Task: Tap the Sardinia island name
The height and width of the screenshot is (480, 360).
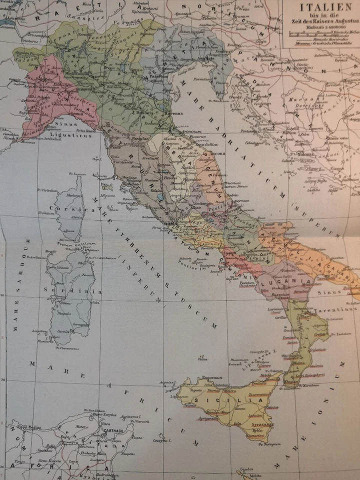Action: pyautogui.click(x=73, y=291)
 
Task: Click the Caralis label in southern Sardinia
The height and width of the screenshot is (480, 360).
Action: pyautogui.click(x=63, y=331)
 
